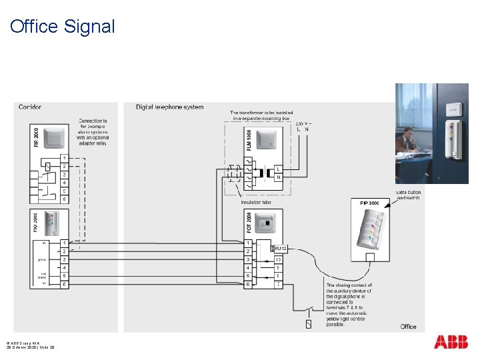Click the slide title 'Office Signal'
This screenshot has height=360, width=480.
[x=63, y=27]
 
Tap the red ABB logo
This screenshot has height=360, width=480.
[x=451, y=342]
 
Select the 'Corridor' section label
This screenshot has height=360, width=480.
[x=30, y=107]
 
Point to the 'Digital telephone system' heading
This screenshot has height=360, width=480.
[x=169, y=107]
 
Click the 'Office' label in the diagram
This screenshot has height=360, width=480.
[x=408, y=327]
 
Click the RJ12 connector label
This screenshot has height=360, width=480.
[x=279, y=249]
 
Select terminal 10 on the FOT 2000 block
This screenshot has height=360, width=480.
[x=277, y=259]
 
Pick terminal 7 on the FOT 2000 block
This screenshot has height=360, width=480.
[x=277, y=285]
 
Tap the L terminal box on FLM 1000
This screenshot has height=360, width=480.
[x=277, y=169]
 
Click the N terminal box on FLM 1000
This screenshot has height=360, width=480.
[x=277, y=177]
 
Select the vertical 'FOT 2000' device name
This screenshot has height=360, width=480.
[x=248, y=224]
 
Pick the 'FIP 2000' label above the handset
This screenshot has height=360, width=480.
[x=369, y=203]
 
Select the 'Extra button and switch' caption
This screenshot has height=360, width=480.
[x=409, y=195]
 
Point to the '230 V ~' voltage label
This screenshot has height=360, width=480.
[x=303, y=123]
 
